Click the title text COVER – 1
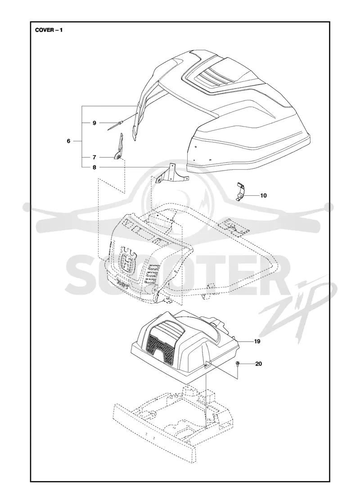click(x=49, y=31)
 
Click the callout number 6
click(x=68, y=141)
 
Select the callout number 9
click(x=94, y=123)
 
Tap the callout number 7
click(x=94, y=157)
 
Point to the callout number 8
click(x=94, y=167)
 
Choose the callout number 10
click(x=263, y=195)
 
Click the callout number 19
click(x=257, y=341)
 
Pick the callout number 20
click(x=258, y=364)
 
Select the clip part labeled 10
click(x=240, y=191)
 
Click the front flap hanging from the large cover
click(x=138, y=122)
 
